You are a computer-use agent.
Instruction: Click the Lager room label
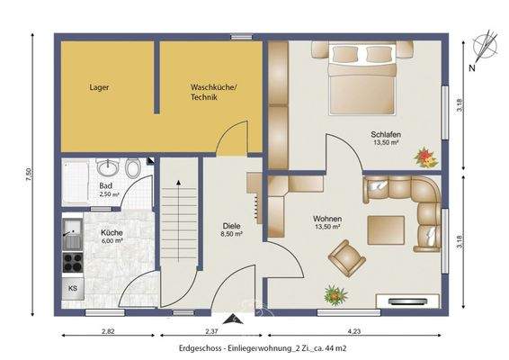pyautogui.click(x=99, y=88)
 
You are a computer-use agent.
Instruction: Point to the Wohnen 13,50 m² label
pyautogui.click(x=326, y=222)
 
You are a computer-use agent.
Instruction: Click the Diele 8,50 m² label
pyautogui.click(x=233, y=230)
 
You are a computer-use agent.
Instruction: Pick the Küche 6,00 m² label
pyautogui.click(x=112, y=236)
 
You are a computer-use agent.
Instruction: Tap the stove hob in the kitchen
pyautogui.click(x=73, y=262)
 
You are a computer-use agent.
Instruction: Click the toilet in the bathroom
pyautogui.click(x=133, y=168)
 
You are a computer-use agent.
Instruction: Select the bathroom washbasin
pyautogui.click(x=108, y=167)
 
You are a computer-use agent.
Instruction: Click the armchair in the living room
pyautogui.click(x=346, y=259)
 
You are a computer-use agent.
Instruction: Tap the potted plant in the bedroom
pyautogui.click(x=424, y=157)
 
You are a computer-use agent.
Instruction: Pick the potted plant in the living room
pyautogui.click(x=335, y=294)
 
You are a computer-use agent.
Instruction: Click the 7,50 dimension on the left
pyautogui.click(x=30, y=173)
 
